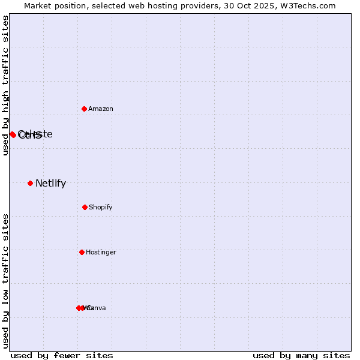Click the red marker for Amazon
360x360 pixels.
click(85, 109)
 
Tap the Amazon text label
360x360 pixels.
click(101, 109)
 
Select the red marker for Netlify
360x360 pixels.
click(30, 183)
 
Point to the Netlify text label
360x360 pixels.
click(50, 184)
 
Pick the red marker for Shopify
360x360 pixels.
click(85, 207)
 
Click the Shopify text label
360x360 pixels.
click(101, 208)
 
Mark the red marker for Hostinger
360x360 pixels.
click(82, 252)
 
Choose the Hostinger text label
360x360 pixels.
click(101, 253)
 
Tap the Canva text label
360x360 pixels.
click(97, 308)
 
